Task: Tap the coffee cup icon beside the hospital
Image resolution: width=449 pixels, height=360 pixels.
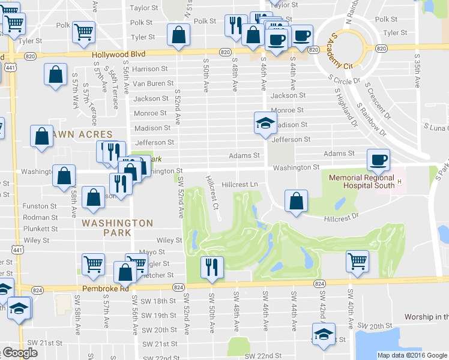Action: tap(378, 160)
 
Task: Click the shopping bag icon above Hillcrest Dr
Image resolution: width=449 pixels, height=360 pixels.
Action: tap(296, 202)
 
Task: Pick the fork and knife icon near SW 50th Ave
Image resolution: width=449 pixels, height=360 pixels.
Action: tap(211, 268)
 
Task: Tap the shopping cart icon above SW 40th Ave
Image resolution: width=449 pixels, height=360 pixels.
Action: tap(357, 262)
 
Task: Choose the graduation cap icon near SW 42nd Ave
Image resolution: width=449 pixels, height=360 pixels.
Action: tap(324, 335)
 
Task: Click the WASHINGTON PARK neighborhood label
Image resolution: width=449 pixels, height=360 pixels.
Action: tap(118, 223)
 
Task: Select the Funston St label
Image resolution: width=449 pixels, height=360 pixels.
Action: tap(40, 206)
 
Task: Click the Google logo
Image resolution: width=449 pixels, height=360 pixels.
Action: tap(20, 353)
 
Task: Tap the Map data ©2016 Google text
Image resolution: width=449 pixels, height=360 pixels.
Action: tap(411, 355)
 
